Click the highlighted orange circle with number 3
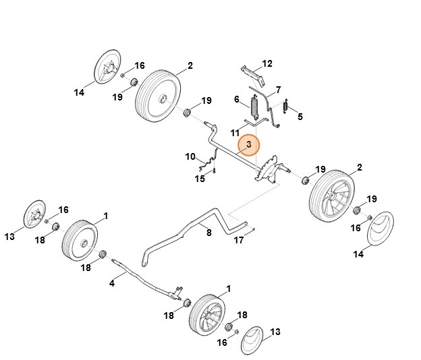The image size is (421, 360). click(x=249, y=145)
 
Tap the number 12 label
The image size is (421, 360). click(x=267, y=63)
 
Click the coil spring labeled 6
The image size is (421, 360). click(x=256, y=108)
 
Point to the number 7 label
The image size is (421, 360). click(x=278, y=90)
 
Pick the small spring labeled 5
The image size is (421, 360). click(x=285, y=107)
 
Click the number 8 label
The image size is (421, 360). click(x=208, y=233)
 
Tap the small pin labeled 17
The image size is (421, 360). click(x=252, y=231)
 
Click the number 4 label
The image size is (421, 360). click(x=112, y=284)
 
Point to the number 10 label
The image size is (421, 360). click(x=190, y=157)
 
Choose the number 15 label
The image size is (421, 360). click(x=200, y=179)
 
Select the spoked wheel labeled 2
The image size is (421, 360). click(x=331, y=196)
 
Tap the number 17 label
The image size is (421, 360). click(x=239, y=240)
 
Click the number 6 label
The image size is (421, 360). click(x=237, y=100)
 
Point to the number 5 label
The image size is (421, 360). click(x=300, y=116)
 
